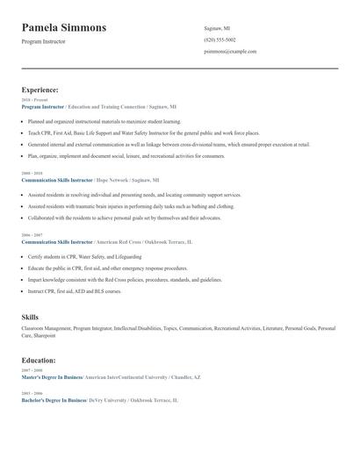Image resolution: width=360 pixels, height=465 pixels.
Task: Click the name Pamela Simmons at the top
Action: [64, 28]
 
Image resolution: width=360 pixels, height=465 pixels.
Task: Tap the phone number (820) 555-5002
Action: [220, 40]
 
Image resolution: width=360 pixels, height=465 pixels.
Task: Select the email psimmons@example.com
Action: [230, 52]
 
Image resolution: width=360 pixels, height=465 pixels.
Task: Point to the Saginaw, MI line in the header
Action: [219, 29]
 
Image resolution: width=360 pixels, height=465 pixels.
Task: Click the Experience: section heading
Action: [40, 89]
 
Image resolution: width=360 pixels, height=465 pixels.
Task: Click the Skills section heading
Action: [30, 317]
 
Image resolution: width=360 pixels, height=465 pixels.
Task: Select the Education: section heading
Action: [39, 360]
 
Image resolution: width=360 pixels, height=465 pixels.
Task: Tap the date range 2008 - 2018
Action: [31, 174]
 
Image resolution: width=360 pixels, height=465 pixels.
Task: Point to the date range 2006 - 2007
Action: [31, 235]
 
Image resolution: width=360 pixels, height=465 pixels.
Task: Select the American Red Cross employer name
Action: [122, 240]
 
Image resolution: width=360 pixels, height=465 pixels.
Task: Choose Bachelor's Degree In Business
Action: [53, 399]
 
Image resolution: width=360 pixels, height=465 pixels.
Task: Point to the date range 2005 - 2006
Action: [31, 393]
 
